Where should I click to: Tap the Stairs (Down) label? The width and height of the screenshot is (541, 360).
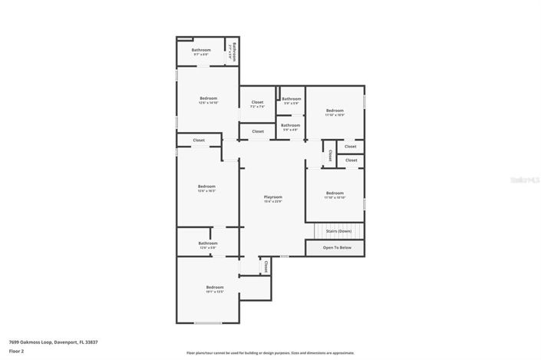[x=338, y=230]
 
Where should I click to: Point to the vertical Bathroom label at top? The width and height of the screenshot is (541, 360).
[x=233, y=52]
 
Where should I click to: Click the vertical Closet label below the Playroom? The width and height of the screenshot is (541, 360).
[x=266, y=267]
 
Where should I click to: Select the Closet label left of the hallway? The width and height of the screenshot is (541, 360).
[x=199, y=140]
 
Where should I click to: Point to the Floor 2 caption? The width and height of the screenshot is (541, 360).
[x=17, y=351]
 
